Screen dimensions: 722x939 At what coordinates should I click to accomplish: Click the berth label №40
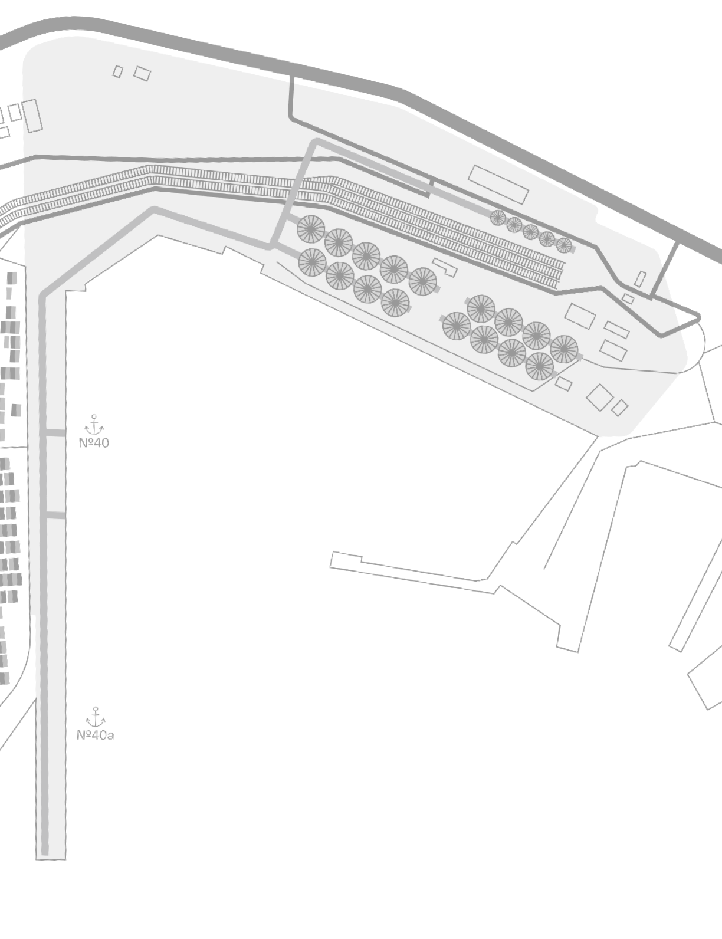tap(94, 443)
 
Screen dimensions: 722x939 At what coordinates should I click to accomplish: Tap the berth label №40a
tap(96, 735)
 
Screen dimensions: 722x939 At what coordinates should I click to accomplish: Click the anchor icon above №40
tap(94, 425)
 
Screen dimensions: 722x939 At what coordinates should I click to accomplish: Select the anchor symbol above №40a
tap(96, 717)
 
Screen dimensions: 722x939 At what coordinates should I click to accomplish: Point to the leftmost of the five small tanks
tap(498, 218)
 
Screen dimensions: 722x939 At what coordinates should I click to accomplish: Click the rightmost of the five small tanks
tap(564, 245)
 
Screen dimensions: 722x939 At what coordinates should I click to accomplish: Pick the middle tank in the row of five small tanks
tap(531, 232)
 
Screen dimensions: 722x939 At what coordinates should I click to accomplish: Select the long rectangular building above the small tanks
tap(498, 185)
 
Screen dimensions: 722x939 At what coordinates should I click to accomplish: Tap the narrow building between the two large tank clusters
tap(445, 267)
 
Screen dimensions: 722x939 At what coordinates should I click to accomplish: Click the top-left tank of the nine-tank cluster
tap(311, 229)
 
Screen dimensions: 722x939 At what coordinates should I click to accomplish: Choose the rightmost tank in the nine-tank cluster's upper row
tap(422, 281)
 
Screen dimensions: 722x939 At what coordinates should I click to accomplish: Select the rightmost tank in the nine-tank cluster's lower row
tap(395, 303)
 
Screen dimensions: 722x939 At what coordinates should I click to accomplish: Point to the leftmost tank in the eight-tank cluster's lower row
tap(457, 326)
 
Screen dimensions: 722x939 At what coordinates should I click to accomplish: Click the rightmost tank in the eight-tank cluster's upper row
tap(564, 349)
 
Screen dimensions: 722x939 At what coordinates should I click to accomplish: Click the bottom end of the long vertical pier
tap(51, 859)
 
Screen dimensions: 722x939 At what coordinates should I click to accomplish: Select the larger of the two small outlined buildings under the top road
tap(142, 74)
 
